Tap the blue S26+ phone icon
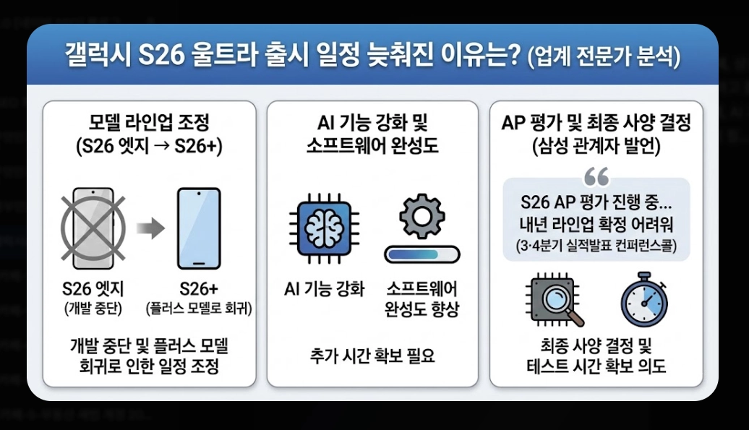pos(199,229)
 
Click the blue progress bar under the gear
pos(422,254)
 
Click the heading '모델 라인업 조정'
pos(148,121)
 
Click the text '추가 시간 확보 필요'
pos(372,356)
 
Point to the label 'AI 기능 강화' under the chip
pos(324,289)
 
